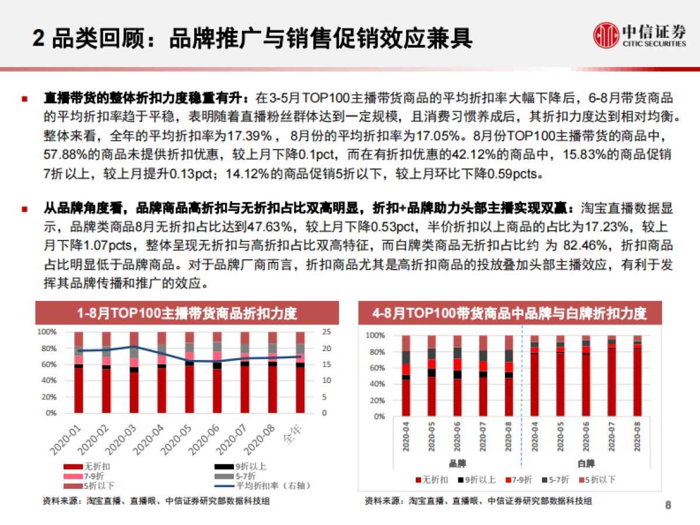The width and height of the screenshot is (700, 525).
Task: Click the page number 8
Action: tap(668, 505)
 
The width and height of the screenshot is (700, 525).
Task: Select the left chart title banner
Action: tap(187, 313)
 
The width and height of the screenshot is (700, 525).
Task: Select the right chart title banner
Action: tap(510, 313)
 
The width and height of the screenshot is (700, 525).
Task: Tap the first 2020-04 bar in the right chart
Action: tap(406, 376)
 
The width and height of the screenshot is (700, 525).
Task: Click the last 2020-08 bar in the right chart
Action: tap(638, 376)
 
